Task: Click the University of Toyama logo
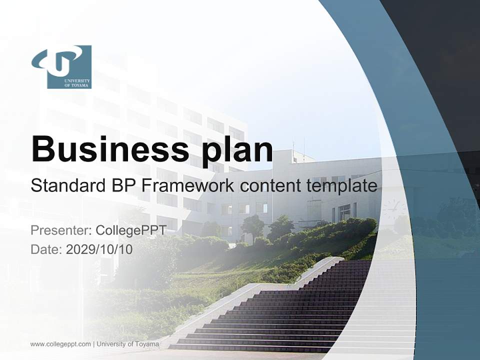[x=62, y=67]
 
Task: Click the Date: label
[x=46, y=249]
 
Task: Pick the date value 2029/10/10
[x=99, y=249]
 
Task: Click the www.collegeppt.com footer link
[x=60, y=344]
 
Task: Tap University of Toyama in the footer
[x=128, y=344]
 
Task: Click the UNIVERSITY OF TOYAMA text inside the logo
[x=77, y=83]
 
